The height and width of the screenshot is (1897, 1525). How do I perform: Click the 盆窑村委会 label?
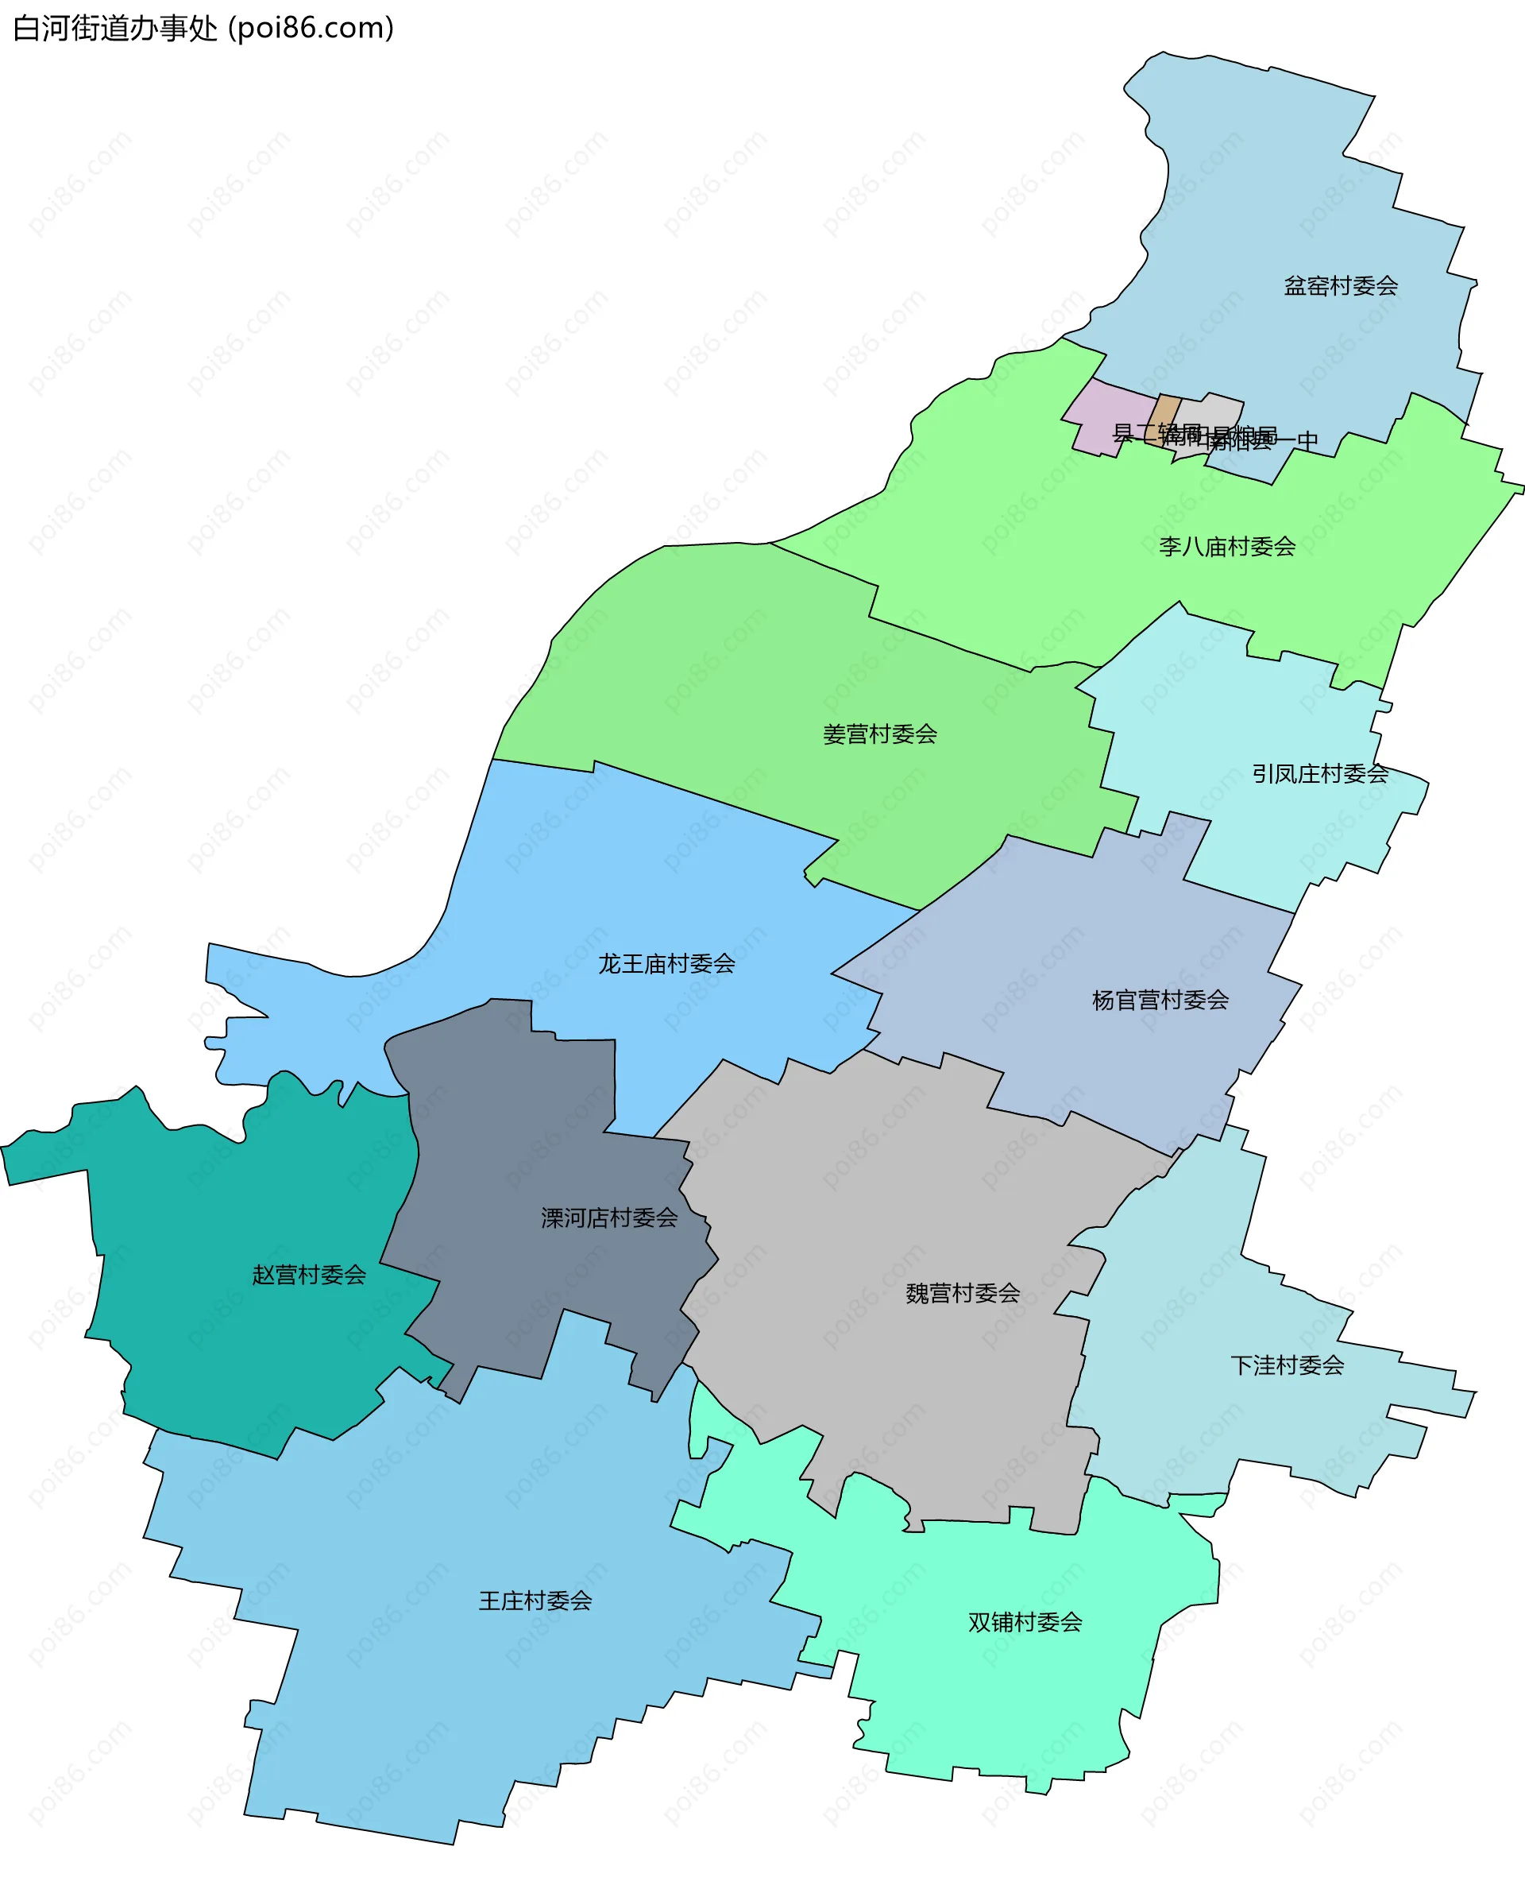[x=1339, y=286]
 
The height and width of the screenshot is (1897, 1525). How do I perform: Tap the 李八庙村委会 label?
[x=1227, y=548]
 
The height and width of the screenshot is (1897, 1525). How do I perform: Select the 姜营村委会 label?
[x=879, y=734]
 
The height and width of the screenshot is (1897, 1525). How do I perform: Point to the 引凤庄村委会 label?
[x=1320, y=773]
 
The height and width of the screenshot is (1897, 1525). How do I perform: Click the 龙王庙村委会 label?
[x=666, y=963]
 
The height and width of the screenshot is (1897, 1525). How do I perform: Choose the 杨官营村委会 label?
[x=1160, y=1000]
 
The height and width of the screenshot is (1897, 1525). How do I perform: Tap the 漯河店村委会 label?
[x=609, y=1218]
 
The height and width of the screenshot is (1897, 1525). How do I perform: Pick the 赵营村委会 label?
[x=309, y=1275]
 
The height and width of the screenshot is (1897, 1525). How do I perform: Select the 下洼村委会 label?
[x=1287, y=1365]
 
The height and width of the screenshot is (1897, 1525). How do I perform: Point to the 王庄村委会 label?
[x=535, y=1601]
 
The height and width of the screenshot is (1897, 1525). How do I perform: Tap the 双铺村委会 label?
[x=1025, y=1621]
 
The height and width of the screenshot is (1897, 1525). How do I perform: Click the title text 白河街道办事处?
[x=115, y=28]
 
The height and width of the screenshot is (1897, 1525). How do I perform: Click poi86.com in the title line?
[x=311, y=28]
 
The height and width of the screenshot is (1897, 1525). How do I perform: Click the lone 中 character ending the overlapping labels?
[x=1308, y=440]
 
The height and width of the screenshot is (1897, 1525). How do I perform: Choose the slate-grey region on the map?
[x=527, y=1144]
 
